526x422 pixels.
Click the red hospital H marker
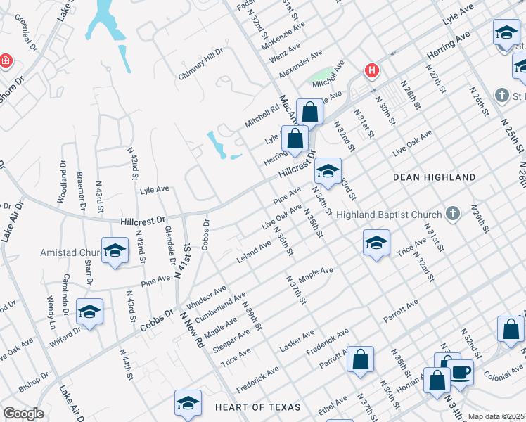coord(371,70)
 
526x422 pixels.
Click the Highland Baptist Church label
coord(389,215)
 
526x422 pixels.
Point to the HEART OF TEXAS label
coord(257,407)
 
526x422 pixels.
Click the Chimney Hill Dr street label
coord(200,63)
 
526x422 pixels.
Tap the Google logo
coord(23,414)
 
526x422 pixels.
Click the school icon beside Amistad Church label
coord(115,252)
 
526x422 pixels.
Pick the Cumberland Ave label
coord(221,307)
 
